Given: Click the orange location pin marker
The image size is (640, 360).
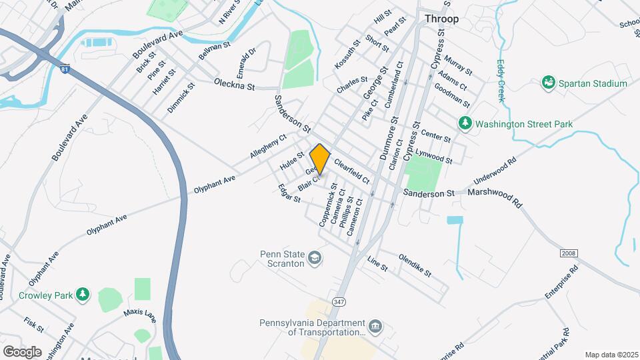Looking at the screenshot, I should point(320,159).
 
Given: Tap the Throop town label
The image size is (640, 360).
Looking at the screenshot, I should point(442,19).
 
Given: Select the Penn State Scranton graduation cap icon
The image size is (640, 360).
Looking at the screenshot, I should point(314,257).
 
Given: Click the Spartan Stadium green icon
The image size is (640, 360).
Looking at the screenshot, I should point(549,83).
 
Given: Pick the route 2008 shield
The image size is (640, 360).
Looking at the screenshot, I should point(568,253).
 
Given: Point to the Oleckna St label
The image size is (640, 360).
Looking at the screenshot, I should point(235,85).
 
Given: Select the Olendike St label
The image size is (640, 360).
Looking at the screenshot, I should point(415,265).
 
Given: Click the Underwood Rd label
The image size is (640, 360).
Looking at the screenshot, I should point(495,171).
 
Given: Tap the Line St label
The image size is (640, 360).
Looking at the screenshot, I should point(377,263).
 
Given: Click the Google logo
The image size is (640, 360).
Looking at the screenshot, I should point(22,351).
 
